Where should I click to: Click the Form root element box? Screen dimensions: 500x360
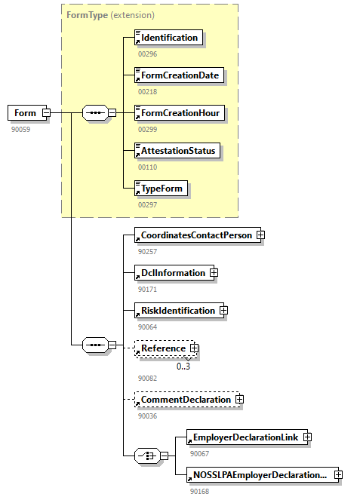point(25,113)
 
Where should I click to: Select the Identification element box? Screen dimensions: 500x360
point(168,38)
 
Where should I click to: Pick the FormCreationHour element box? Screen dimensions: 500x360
point(179,113)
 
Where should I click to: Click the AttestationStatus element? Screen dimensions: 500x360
point(177,151)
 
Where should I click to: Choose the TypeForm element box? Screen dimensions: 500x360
point(160,189)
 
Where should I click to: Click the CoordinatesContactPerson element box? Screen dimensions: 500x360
point(195,235)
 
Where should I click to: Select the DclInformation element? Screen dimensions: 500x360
point(171,272)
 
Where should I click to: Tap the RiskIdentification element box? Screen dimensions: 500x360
point(176,310)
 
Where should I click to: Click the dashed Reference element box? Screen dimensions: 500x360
point(162,348)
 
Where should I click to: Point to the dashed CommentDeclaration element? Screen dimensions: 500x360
point(184,399)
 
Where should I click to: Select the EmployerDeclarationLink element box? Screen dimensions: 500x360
point(245,437)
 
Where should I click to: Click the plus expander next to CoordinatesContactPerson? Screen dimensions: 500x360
point(260,235)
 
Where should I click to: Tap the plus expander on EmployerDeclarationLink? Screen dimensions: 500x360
point(307,437)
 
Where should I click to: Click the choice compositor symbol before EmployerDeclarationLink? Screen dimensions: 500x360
point(145,456)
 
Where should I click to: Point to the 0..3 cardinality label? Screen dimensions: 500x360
point(183,367)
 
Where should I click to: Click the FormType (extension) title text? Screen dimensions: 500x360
point(110,14)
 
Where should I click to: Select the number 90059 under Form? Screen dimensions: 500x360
point(21,129)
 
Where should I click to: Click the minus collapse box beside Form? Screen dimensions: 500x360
point(46,113)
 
